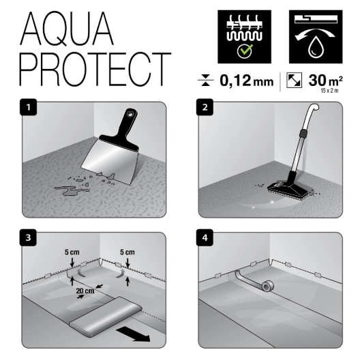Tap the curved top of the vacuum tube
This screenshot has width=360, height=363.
tap(312, 111)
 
